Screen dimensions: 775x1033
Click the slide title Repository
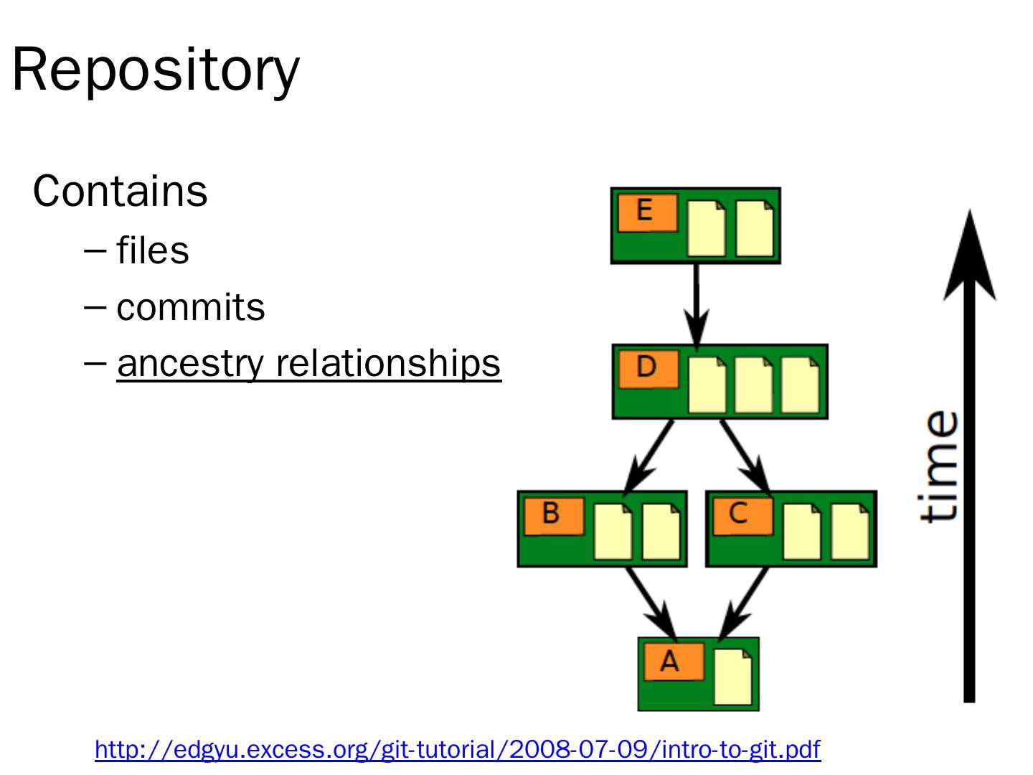pyautogui.click(x=156, y=70)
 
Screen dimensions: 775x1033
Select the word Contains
pyautogui.click(x=120, y=192)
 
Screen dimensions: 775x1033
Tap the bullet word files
pyautogui.click(x=152, y=250)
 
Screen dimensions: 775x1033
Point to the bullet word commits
pyautogui.click(x=190, y=307)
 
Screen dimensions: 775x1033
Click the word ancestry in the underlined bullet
pyautogui.click(x=190, y=363)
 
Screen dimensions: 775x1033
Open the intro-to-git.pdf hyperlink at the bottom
pyautogui.click(x=457, y=749)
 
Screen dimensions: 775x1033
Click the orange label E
pyautogui.click(x=647, y=212)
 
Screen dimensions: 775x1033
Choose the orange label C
pyautogui.click(x=740, y=515)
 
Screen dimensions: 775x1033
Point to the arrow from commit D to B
pyautogui.click(x=650, y=455)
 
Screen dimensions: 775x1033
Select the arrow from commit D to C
pyautogui.click(x=745, y=455)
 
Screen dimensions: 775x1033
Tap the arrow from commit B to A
pyautogui.click(x=651, y=603)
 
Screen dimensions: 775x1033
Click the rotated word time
pyautogui.click(x=940, y=466)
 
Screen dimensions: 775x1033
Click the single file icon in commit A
pyautogui.click(x=733, y=677)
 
